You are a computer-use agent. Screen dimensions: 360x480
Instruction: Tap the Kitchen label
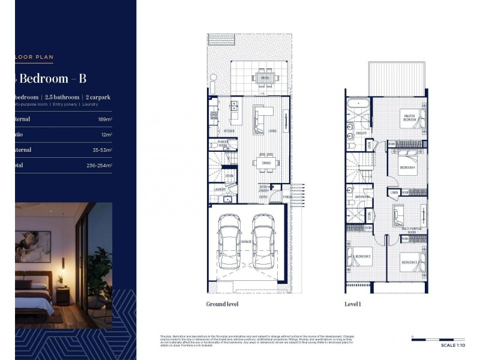click(x=229, y=130)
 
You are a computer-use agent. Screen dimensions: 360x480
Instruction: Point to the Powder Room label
click(x=223, y=145)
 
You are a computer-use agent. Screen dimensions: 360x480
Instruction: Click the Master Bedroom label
click(x=410, y=118)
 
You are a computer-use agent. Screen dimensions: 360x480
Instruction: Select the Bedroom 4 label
click(x=409, y=167)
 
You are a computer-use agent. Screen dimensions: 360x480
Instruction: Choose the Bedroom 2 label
click(x=362, y=257)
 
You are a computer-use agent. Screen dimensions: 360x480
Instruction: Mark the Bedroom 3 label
click(x=409, y=262)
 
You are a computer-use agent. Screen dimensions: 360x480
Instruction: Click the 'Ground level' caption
click(x=222, y=304)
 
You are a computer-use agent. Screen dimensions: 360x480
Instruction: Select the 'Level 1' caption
click(x=353, y=304)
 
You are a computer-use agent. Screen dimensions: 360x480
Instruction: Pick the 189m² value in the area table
click(x=104, y=119)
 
